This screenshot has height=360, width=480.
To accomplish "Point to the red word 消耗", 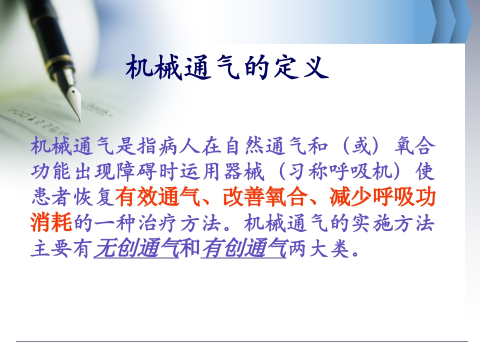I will pyautogui.click(x=51, y=223).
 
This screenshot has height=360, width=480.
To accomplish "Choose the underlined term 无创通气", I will pyautogui.click(x=136, y=248).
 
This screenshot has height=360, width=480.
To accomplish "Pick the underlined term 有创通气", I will pyautogui.click(x=244, y=248).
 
